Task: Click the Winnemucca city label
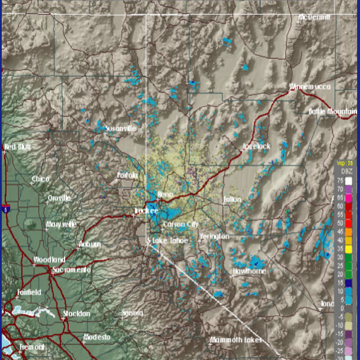pyautogui.click(x=310, y=87)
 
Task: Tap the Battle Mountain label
pyautogui.click(x=333, y=111)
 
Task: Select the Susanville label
pyautogui.click(x=120, y=128)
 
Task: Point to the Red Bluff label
pyautogui.click(x=17, y=147)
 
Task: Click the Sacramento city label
pyautogui.click(x=71, y=269)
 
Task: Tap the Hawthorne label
pyautogui.click(x=249, y=271)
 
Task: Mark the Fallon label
pyautogui.click(x=232, y=199)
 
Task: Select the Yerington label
pyautogui.click(x=214, y=236)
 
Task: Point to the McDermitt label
pyautogui.click(x=315, y=18)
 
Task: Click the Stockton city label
pyautogui.click(x=77, y=314)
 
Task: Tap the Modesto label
pyautogui.click(x=96, y=337)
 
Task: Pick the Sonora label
pyautogui.click(x=132, y=313)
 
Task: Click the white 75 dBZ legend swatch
pyautogui.click(x=348, y=181)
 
